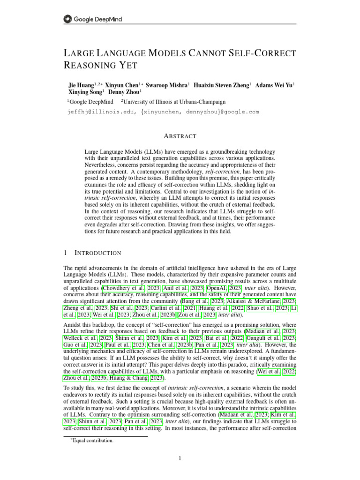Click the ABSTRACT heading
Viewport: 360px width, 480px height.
click(180, 136)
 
